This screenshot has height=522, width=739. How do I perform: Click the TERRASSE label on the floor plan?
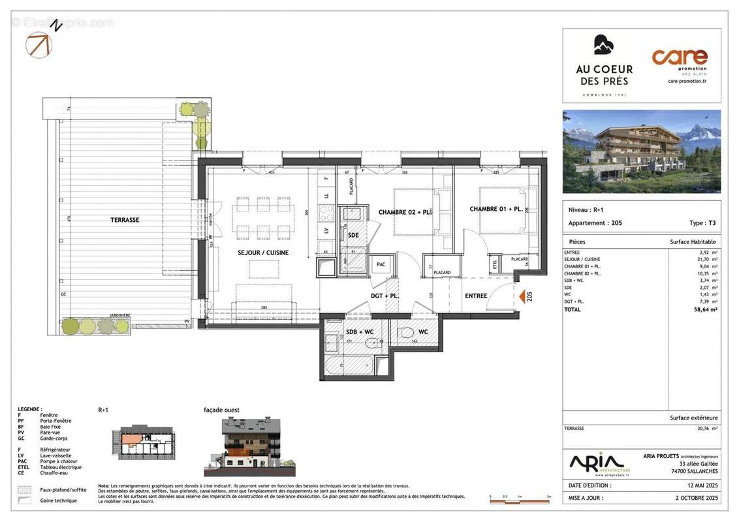(124, 220)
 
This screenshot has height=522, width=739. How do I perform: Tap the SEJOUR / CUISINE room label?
(263, 253)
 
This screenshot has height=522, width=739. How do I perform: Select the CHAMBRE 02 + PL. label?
(405, 212)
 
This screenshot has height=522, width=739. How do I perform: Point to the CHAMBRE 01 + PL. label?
(495, 209)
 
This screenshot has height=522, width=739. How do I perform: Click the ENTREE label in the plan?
(476, 296)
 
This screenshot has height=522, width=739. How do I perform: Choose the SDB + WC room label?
(360, 332)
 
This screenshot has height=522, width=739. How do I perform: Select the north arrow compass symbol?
(38, 44)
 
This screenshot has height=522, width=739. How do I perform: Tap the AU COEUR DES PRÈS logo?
(603, 65)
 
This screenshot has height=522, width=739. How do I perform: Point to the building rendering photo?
(641, 151)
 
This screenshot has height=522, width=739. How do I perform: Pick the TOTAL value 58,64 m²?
(706, 309)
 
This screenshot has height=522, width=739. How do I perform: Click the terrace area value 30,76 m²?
(706, 429)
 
